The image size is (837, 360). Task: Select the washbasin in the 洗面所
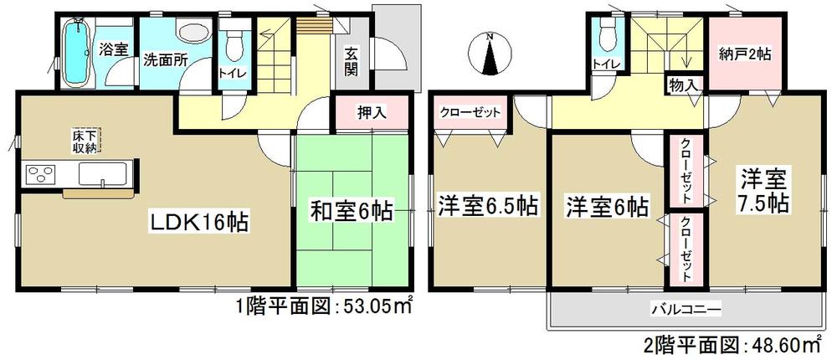pyautogui.click(x=194, y=35)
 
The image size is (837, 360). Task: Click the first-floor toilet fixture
pyautogui.click(x=234, y=42)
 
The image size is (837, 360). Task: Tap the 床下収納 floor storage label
pyautogui.click(x=86, y=141)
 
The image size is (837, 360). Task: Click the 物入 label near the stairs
pyautogui.click(x=682, y=84)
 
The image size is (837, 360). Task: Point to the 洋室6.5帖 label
pyautogui.click(x=486, y=203)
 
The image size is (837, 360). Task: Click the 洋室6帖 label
pyautogui.click(x=606, y=205)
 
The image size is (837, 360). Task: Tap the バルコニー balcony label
pyautogui.click(x=686, y=311)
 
